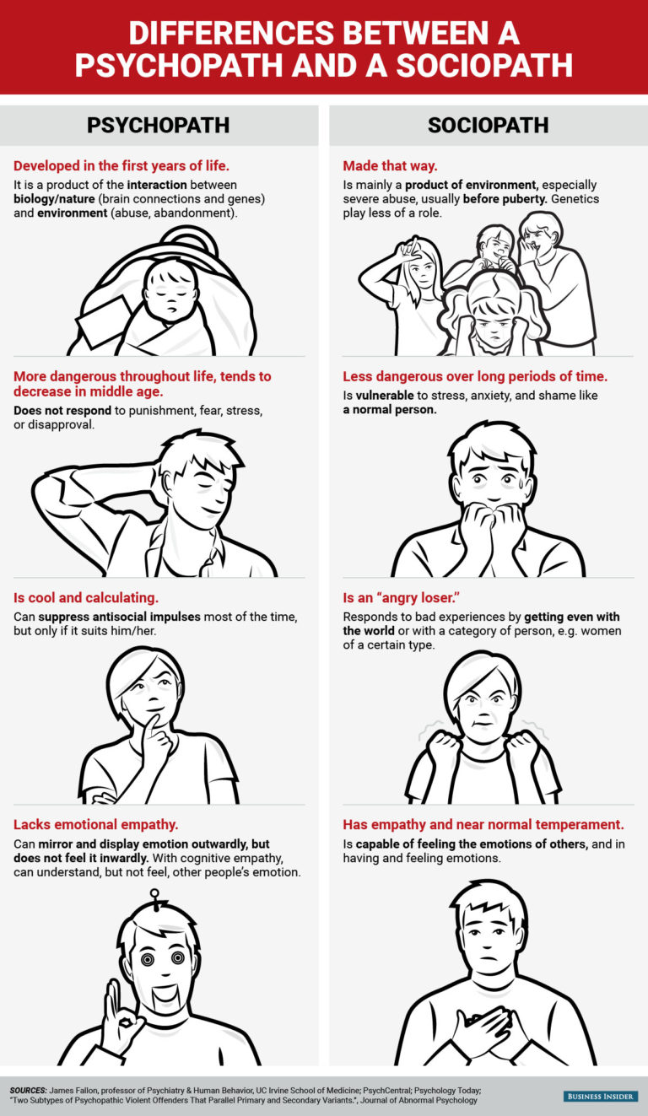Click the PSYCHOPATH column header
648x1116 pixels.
158,125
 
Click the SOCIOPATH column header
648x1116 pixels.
488,125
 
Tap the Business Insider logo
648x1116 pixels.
601,1096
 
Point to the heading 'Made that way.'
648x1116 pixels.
390,165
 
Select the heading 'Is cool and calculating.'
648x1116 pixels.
86,597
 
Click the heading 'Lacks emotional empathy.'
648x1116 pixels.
95,824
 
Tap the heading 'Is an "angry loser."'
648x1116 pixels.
401,597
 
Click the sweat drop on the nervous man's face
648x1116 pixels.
520,482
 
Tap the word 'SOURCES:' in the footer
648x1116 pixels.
28,1090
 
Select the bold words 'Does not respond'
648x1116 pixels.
62,411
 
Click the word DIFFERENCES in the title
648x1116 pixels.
230,33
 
